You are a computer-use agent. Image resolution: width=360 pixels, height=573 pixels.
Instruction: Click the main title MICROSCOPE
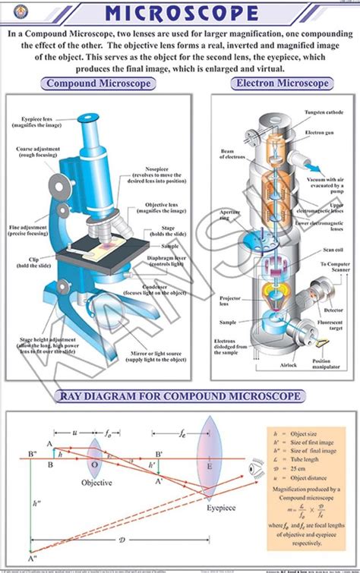click(181, 13)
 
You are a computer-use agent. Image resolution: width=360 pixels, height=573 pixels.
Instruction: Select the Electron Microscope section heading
click(283, 83)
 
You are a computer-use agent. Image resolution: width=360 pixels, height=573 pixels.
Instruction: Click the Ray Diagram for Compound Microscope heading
click(180, 395)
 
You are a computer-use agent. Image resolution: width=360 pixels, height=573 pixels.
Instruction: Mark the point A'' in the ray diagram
click(31, 559)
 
